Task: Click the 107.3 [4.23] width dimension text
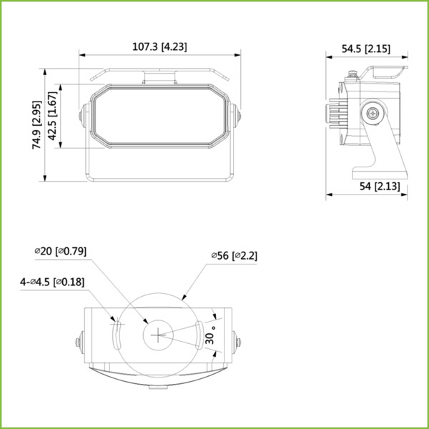(x=161, y=47)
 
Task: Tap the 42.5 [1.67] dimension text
(x=56, y=116)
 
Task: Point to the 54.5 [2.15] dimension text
(x=365, y=49)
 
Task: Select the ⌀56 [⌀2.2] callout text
(x=233, y=255)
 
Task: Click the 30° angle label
(x=210, y=335)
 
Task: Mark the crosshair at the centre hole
(x=158, y=334)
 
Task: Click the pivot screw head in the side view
(x=373, y=113)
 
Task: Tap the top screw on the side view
(x=352, y=74)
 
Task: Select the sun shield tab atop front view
(x=161, y=75)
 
